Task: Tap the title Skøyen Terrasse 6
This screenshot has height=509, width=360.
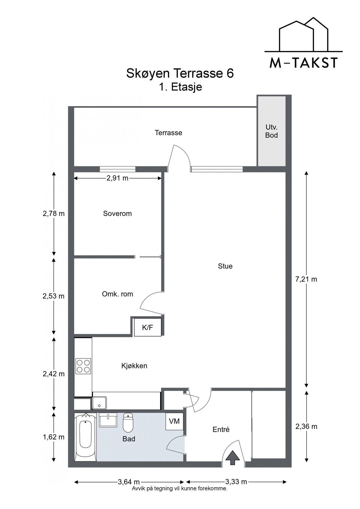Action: [180, 73]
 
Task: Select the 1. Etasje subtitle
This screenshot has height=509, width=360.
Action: [181, 87]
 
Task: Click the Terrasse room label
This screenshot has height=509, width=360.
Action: [168, 133]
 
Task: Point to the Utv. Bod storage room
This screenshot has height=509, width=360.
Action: [271, 131]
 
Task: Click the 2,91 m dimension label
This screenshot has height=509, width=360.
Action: [118, 178]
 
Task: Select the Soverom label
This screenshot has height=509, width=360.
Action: [117, 213]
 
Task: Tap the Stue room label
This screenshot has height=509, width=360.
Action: [225, 266]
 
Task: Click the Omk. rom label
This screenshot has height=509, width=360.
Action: [117, 294]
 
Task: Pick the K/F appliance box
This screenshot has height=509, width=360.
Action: [148, 327]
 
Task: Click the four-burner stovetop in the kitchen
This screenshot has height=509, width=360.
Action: [83, 366]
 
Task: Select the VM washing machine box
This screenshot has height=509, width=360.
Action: [174, 421]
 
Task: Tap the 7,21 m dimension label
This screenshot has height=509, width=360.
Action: [306, 279]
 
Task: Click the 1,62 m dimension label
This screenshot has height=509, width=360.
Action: [54, 437]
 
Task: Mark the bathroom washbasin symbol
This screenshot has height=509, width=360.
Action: [108, 420]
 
